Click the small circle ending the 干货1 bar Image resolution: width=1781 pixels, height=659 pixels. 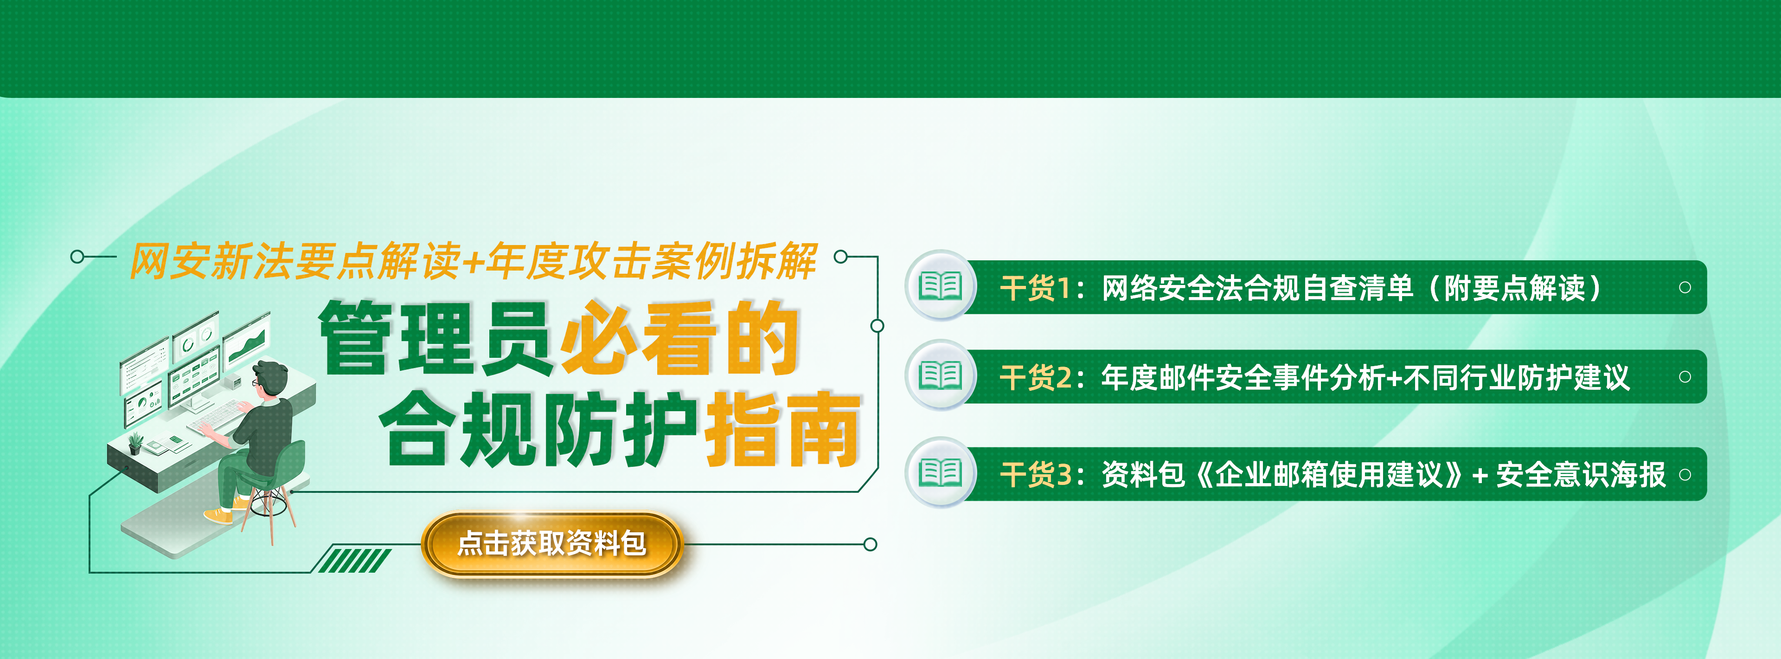point(1685,287)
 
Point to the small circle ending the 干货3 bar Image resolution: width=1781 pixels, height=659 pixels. point(1685,474)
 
